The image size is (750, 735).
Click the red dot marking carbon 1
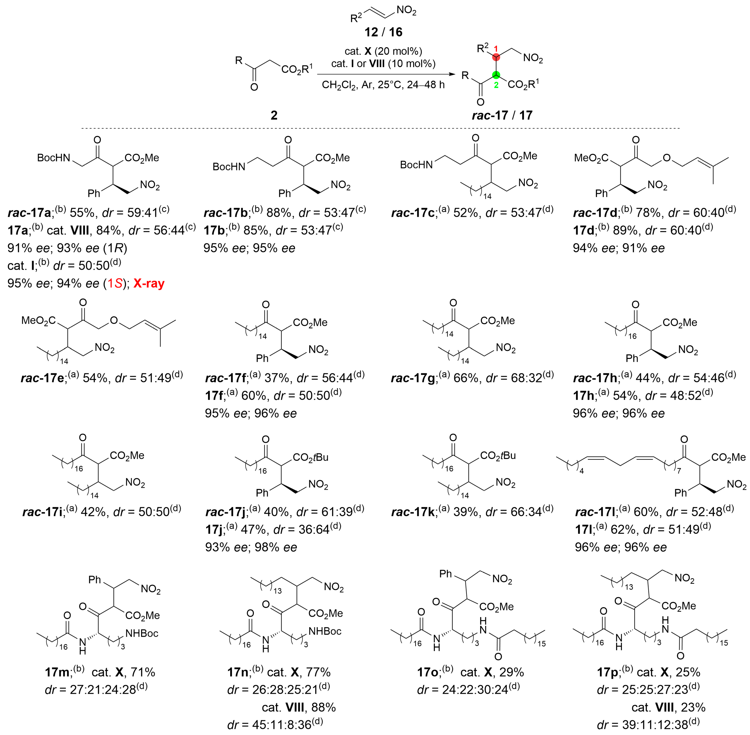pos(496,57)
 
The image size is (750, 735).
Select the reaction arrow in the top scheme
pos(386,74)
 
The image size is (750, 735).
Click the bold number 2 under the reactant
pos(274,115)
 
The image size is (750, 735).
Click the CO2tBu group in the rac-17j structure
pos(311,457)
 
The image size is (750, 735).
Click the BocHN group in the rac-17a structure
pos(54,158)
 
